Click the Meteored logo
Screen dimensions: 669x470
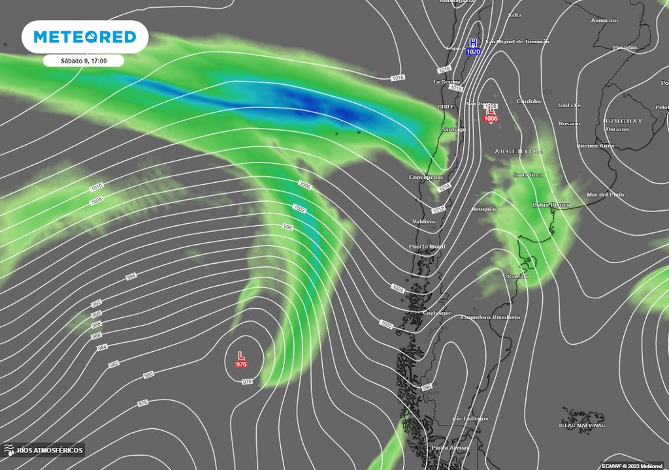point(85,37)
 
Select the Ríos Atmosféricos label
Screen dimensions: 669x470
point(44,450)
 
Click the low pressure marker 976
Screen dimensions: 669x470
point(241,360)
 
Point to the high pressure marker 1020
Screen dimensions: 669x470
point(473,47)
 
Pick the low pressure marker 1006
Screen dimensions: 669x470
point(490,114)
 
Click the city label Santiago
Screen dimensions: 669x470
point(453,129)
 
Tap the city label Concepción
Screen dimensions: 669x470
point(425,178)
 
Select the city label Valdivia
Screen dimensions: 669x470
point(423,222)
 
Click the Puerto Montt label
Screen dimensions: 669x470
point(427,247)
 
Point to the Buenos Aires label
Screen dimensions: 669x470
point(595,146)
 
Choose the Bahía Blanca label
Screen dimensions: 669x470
point(551,205)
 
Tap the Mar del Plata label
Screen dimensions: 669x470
point(605,195)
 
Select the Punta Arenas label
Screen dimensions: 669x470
point(450,448)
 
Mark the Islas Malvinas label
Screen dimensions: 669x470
point(581,426)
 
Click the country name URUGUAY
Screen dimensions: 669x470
point(623,121)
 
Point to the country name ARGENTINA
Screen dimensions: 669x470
point(519,151)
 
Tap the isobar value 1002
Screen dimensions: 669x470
point(299,209)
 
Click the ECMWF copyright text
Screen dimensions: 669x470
point(632,465)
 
